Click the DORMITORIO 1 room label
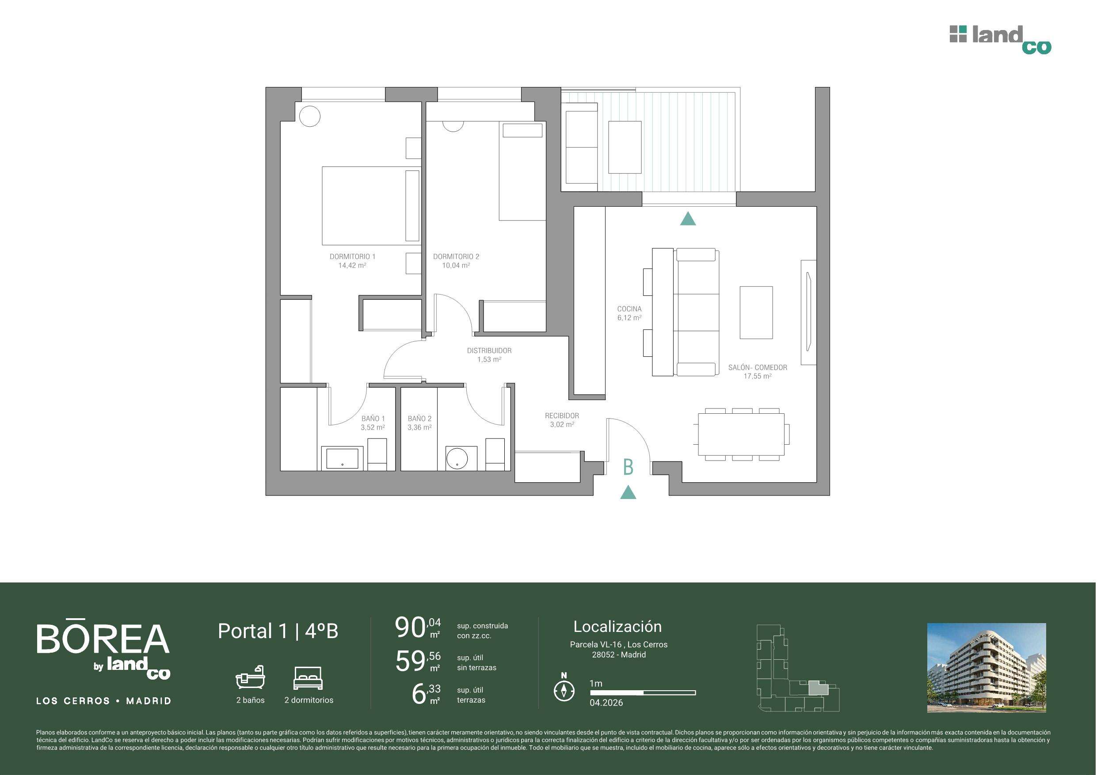point(353,257)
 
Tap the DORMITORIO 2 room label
point(456,257)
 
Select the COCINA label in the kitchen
point(629,309)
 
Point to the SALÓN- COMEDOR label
point(758,368)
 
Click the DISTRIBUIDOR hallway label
point(489,351)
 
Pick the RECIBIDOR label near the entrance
point(562,416)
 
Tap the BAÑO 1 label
point(373,419)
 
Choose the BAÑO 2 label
point(419,419)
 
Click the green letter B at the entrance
point(628,467)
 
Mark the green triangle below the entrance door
point(628,492)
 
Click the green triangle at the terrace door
point(688,219)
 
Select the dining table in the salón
point(742,434)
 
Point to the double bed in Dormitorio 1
point(371,206)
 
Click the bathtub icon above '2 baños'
point(250,677)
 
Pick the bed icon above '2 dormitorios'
point(309,678)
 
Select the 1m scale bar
point(643,692)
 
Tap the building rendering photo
point(987,668)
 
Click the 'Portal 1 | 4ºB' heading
point(278,631)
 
